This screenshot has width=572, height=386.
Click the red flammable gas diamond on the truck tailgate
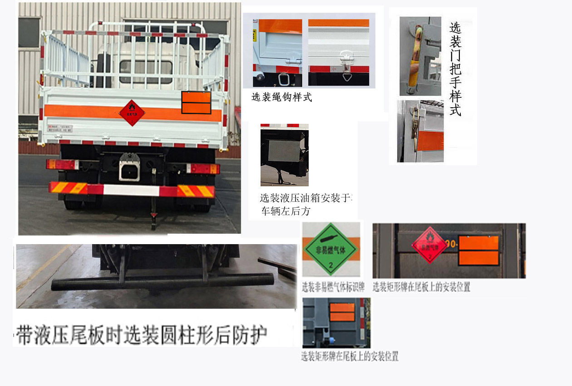coord(132,113)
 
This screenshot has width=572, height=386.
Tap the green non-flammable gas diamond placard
coord(331,249)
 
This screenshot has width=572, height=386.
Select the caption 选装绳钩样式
coord(281,97)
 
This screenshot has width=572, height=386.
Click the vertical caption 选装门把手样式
coord(455,68)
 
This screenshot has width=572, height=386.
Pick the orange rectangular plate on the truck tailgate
coord(196,102)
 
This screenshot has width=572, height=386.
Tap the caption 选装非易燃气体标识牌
coord(334,287)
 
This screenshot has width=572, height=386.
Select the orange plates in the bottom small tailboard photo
coord(342,312)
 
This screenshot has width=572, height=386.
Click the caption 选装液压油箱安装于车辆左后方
coord(305,205)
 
